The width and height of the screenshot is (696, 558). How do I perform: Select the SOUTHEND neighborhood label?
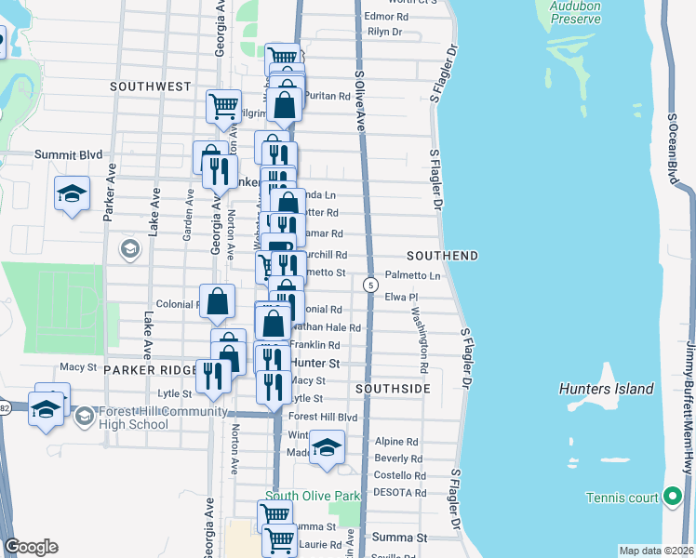pos(442,256)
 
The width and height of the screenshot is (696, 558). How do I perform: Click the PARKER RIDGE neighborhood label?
pos(150,369)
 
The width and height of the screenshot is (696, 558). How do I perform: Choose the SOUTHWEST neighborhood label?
pos(150,86)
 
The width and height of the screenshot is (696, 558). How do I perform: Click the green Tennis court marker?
pos(673,498)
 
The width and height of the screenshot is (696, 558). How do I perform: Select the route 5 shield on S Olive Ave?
pos(370,284)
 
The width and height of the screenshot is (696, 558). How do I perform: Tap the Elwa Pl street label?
pos(403,298)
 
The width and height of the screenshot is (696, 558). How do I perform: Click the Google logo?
pos(32,547)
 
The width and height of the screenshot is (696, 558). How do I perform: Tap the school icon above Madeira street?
pos(327,446)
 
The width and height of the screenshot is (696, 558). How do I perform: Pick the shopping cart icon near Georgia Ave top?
pos(224,107)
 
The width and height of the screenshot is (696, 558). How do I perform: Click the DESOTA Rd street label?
pos(399,493)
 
